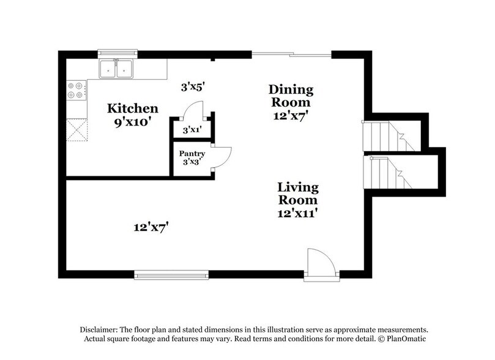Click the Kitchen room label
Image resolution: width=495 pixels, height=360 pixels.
pos(133,108)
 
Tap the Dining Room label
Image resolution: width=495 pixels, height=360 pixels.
pos(291,96)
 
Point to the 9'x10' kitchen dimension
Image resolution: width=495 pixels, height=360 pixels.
pos(133,121)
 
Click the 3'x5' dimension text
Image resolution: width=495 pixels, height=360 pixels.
pos(193,87)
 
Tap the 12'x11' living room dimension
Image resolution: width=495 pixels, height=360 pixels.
pos(297,213)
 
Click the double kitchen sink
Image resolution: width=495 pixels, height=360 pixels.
pos(117,69)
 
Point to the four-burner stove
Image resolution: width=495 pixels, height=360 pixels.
pos(76,91)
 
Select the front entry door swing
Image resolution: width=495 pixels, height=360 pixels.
pos(321,263)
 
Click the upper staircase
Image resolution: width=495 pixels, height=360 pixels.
pos(389,136)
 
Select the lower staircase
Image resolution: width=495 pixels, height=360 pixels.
pos(389,173)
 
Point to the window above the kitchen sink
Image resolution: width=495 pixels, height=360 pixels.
pos(117,53)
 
